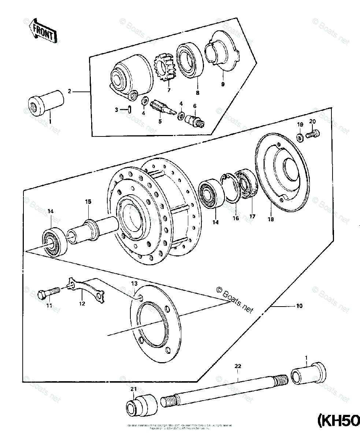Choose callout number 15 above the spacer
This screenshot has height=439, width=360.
coord(88,202)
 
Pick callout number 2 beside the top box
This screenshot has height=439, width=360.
coord(69,91)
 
